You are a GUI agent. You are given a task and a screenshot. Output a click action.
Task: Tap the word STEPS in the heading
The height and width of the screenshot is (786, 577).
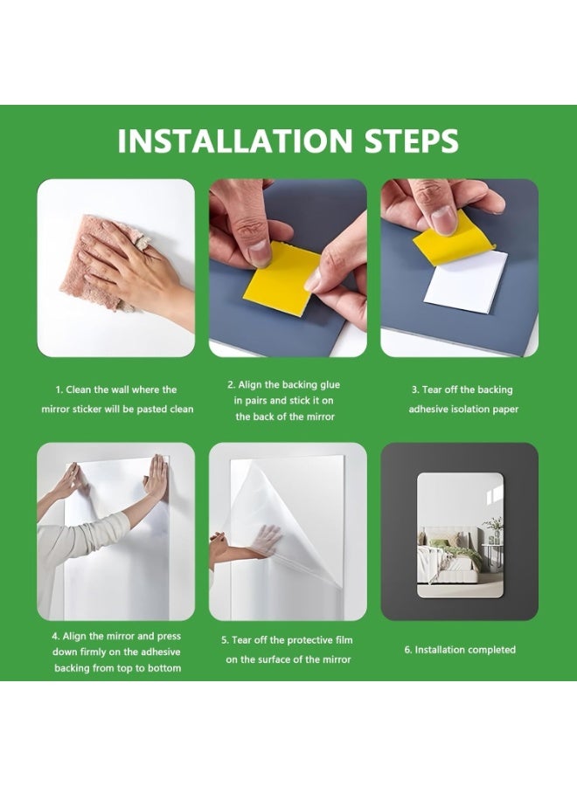point(412,141)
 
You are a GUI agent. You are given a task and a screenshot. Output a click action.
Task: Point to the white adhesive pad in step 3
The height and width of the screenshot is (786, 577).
point(466,282)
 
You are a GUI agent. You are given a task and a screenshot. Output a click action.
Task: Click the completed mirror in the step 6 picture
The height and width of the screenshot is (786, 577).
point(460,535)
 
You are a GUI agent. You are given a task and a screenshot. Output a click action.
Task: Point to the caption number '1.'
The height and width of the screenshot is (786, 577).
point(59,390)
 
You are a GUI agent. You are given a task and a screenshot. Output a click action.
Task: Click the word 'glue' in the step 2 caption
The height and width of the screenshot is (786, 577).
point(330,385)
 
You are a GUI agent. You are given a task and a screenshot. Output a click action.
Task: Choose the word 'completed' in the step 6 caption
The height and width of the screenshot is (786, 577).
point(490,650)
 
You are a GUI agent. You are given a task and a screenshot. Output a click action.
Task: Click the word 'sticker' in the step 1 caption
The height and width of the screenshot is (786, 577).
point(87,409)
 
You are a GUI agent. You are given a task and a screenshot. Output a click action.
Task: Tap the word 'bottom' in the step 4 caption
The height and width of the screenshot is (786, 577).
point(164,668)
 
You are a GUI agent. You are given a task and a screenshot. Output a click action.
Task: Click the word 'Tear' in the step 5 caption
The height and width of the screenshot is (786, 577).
point(242,641)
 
